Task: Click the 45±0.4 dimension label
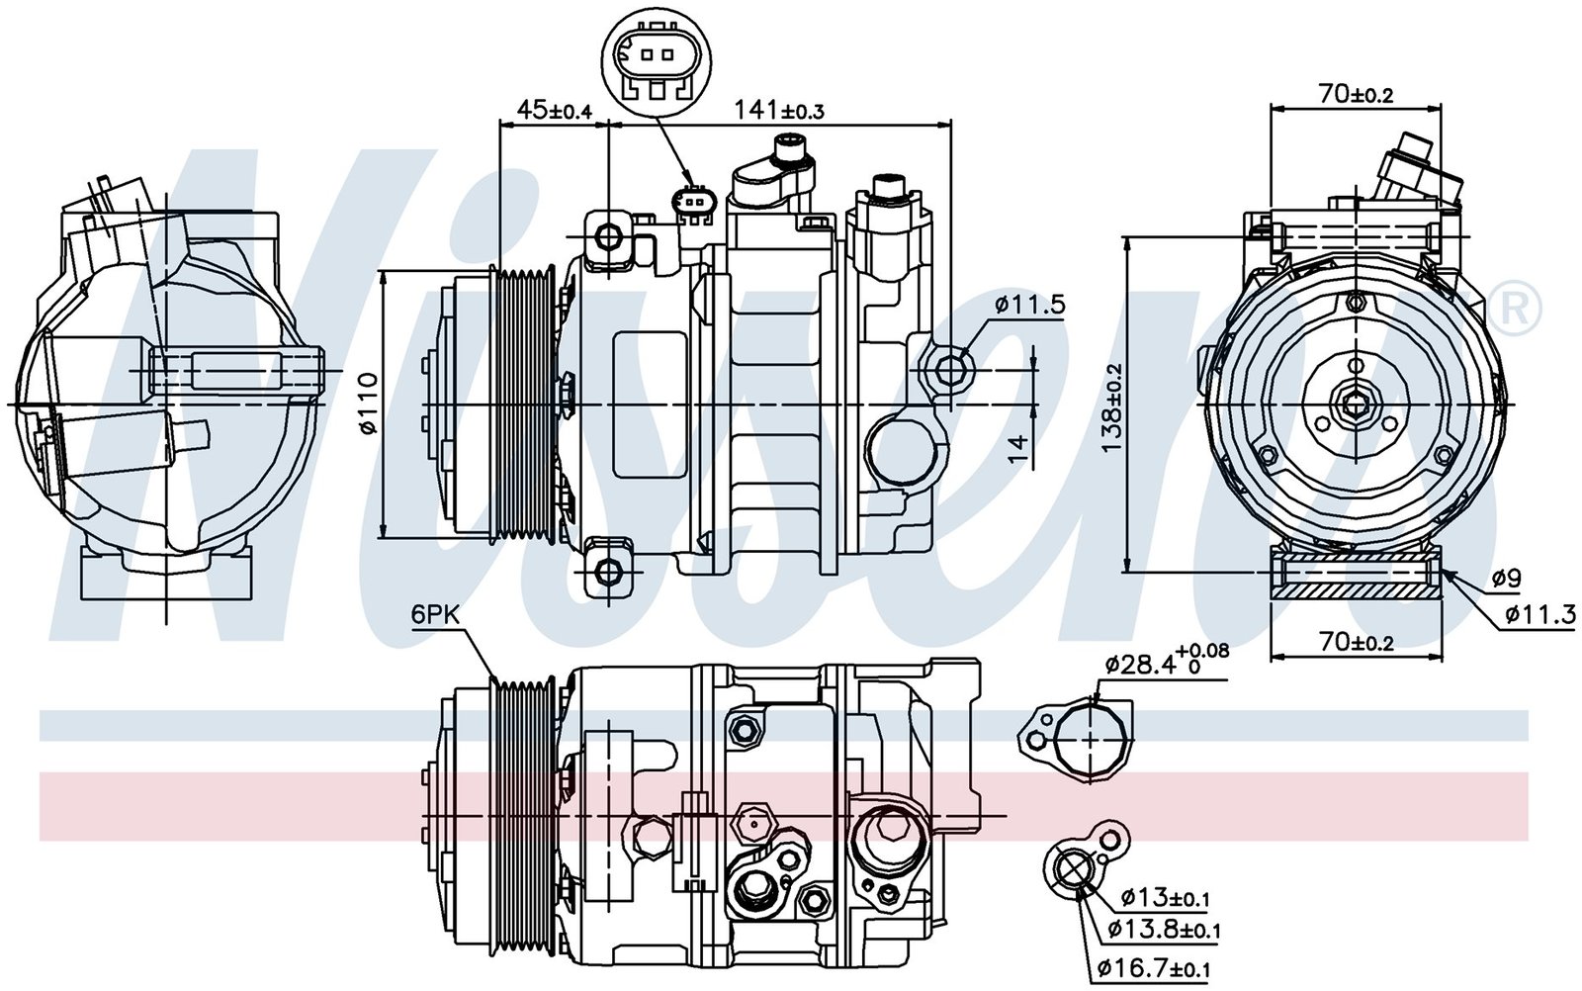(x=555, y=110)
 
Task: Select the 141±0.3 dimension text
(x=779, y=110)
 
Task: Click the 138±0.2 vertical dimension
(x=1113, y=407)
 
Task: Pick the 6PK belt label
(x=435, y=615)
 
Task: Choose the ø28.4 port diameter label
(x=1166, y=665)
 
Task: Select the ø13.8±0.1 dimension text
(x=1164, y=929)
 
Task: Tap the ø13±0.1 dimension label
(x=1166, y=897)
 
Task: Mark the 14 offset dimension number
(x=1017, y=449)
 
